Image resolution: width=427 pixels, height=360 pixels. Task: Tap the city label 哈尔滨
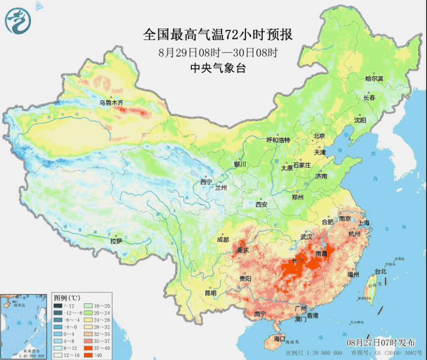[374, 78]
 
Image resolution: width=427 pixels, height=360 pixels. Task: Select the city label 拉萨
[116, 241]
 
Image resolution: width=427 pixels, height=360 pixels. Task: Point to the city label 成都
[223, 239]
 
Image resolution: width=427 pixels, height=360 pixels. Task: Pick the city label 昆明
[210, 293]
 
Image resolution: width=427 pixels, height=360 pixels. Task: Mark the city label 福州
[353, 274]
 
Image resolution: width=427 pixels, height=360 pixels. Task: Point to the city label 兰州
[221, 187]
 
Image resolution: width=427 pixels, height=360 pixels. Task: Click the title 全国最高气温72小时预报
[218, 35]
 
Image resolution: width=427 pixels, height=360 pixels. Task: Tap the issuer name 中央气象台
[218, 68]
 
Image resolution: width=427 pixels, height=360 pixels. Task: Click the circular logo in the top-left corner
[18, 18]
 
